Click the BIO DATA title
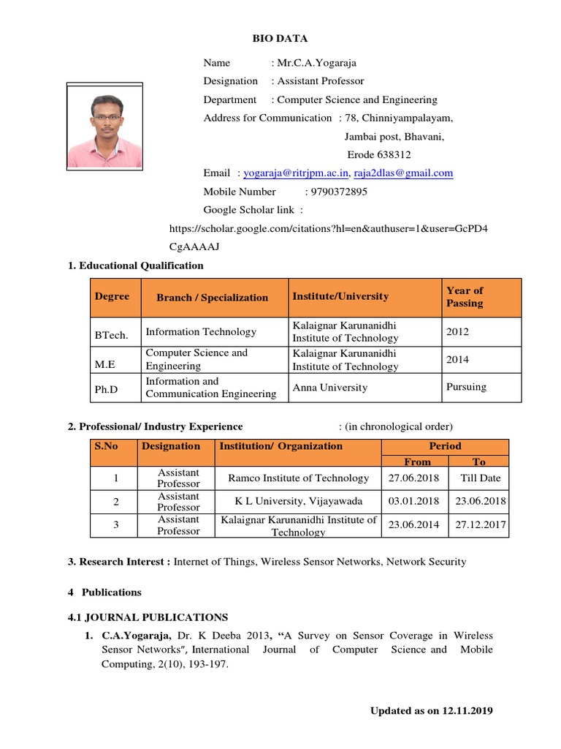coord(280,38)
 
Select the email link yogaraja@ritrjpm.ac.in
coord(297,173)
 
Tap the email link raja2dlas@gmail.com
coord(403,173)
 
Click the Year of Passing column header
coord(465,297)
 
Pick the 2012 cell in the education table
coord(457,331)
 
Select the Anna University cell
coord(329,388)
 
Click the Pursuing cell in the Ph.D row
coord(466,387)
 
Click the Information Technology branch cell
coord(201,331)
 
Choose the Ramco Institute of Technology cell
coord(298,478)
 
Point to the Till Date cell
coord(480,478)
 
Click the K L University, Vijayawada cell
coord(298,501)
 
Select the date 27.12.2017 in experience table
coord(480,525)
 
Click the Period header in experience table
coord(445,446)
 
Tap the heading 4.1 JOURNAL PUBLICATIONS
coord(148,617)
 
